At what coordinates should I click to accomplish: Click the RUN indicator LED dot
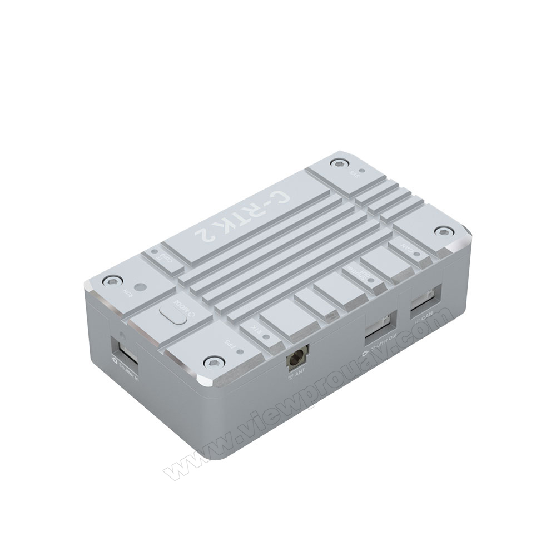point(140,288)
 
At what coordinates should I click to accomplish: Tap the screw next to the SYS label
point(336,163)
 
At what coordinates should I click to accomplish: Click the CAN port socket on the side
point(426,302)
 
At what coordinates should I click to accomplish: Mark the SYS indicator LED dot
point(362,171)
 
